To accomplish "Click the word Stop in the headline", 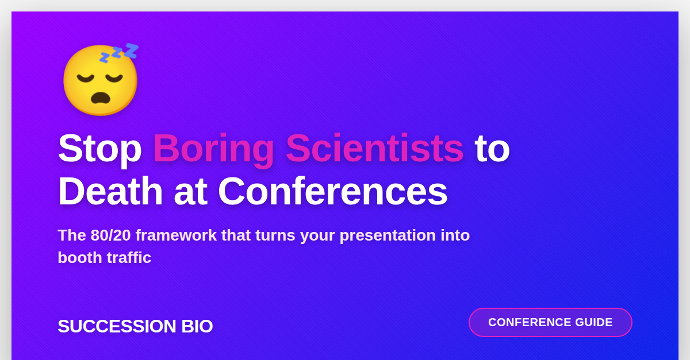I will point(99,148).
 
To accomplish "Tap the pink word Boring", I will point(213,148).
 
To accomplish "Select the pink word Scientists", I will point(374,148).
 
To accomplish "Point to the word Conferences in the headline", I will point(332,191).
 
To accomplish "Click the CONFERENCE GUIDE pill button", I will point(550,322).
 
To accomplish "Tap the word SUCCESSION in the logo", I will point(117,326).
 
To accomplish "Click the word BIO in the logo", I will point(197,326).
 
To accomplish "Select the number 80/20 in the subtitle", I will point(110,235).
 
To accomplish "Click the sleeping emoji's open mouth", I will point(101,98).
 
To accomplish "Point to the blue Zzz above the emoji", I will point(120,52).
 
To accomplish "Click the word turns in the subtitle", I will point(275,235).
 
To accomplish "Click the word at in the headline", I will point(190,191).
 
